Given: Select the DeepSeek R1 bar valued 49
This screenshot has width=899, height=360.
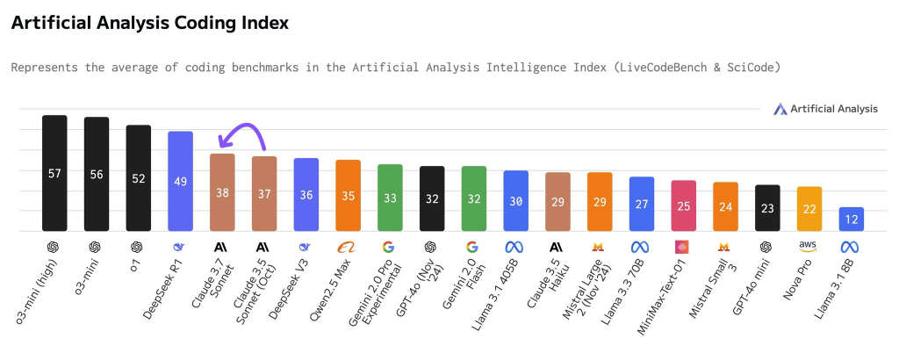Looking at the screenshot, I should (x=180, y=181).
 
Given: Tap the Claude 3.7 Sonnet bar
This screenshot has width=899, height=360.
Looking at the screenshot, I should (x=222, y=192).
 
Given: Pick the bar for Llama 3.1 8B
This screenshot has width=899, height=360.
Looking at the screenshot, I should (x=852, y=219).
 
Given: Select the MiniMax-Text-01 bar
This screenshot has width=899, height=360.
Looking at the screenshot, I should (x=683, y=205).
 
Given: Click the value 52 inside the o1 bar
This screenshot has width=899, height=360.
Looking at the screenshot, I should (x=139, y=177).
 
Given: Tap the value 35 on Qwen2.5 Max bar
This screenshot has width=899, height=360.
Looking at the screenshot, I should (x=349, y=197).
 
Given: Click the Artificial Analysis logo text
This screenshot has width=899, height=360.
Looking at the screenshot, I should (x=833, y=109).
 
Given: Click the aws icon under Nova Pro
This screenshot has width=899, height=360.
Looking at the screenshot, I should (x=809, y=247).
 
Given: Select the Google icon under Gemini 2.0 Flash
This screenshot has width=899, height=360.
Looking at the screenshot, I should (x=473, y=247).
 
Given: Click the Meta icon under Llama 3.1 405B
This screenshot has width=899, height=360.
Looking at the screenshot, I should (x=515, y=247).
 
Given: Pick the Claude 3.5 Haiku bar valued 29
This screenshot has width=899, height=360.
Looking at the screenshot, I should (x=557, y=201).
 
